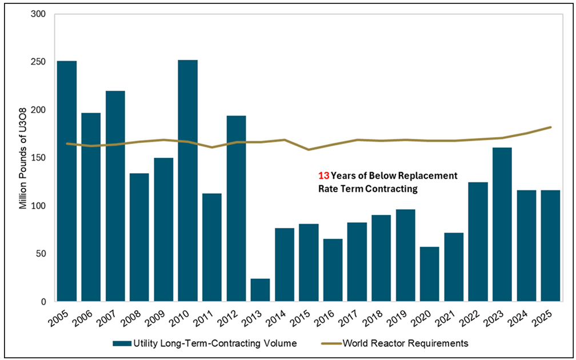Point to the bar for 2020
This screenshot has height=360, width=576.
point(430,274)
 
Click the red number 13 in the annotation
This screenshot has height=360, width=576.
point(323,175)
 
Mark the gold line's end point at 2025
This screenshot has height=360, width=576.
point(551,127)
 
